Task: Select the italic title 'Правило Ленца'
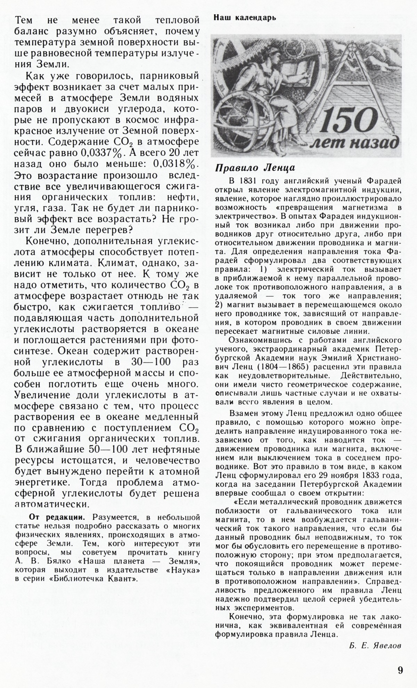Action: (255, 168)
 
